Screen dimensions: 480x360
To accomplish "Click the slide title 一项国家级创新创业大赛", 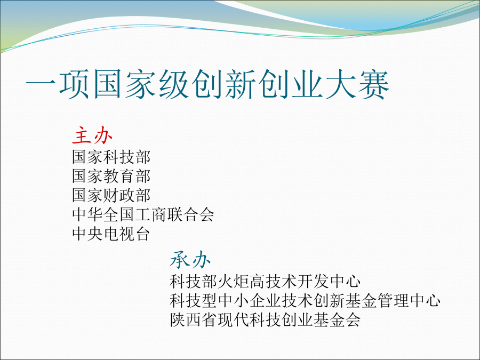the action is pos(207,84).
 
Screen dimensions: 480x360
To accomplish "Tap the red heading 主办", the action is pos(92,135).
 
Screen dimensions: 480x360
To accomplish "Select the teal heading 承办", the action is pos(190,260).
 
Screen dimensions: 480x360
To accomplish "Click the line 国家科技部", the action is pos(111,157).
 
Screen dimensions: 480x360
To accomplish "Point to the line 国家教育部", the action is pos(111,176).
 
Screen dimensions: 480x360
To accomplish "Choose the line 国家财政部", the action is pos(111,195).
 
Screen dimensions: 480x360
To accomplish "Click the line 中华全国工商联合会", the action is pos(143,214).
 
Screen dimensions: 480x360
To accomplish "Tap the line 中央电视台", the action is pos(111,234).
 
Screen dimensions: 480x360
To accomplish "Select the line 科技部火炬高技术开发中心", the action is pos(265,281).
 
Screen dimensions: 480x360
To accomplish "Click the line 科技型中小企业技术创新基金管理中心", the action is pos(305,301).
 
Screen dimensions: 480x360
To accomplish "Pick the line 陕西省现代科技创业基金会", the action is pos(265,320).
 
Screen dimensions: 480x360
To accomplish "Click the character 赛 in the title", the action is pos(373,84).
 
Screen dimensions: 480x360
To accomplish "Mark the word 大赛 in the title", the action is pos(357,84).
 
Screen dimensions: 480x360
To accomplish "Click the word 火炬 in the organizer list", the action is pos(233,281).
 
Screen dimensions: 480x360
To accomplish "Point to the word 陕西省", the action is pos(194,320).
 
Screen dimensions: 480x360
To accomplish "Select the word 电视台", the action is pos(127,234).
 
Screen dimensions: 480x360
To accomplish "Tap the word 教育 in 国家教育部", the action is pos(119,176).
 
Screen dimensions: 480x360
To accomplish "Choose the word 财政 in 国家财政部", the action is pos(119,195).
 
